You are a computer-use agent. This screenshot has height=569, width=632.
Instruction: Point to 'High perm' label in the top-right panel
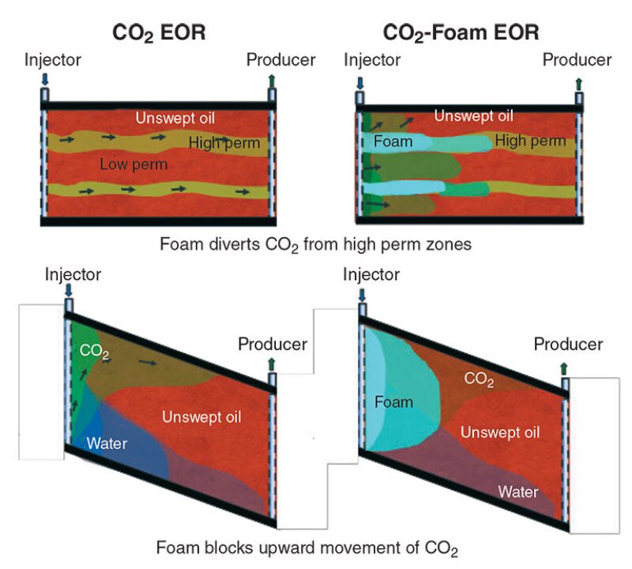(530, 141)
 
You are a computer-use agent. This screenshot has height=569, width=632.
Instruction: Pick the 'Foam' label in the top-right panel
(393, 142)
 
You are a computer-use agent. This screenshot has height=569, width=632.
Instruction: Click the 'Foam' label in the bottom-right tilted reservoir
(393, 401)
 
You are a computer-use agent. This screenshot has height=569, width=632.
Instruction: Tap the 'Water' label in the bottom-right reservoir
(517, 492)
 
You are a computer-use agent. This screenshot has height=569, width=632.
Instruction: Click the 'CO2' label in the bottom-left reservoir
(95, 351)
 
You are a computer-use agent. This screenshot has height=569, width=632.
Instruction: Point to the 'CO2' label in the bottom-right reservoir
(480, 379)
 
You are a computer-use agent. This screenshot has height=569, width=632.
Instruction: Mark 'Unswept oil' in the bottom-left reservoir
(201, 416)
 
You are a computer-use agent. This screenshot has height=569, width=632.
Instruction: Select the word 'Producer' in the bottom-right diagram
(568, 345)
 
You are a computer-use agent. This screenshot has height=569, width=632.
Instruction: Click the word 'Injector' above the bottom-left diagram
(73, 275)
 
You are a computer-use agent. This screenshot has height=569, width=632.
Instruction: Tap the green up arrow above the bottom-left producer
(273, 364)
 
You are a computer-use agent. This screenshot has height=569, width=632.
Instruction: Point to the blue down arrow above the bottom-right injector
(363, 295)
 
